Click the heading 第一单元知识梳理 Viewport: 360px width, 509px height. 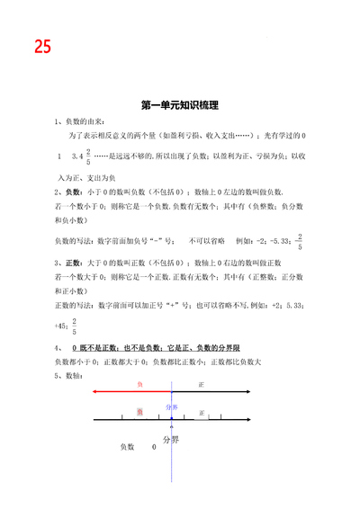pos(180,105)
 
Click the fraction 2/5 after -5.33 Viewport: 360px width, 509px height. pos(299,241)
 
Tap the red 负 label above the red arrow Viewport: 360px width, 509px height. pos(139,384)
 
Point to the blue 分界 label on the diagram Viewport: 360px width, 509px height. pos(172,407)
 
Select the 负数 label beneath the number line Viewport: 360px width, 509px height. pos(127,446)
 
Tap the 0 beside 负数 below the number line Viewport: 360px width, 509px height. pos(154,446)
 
